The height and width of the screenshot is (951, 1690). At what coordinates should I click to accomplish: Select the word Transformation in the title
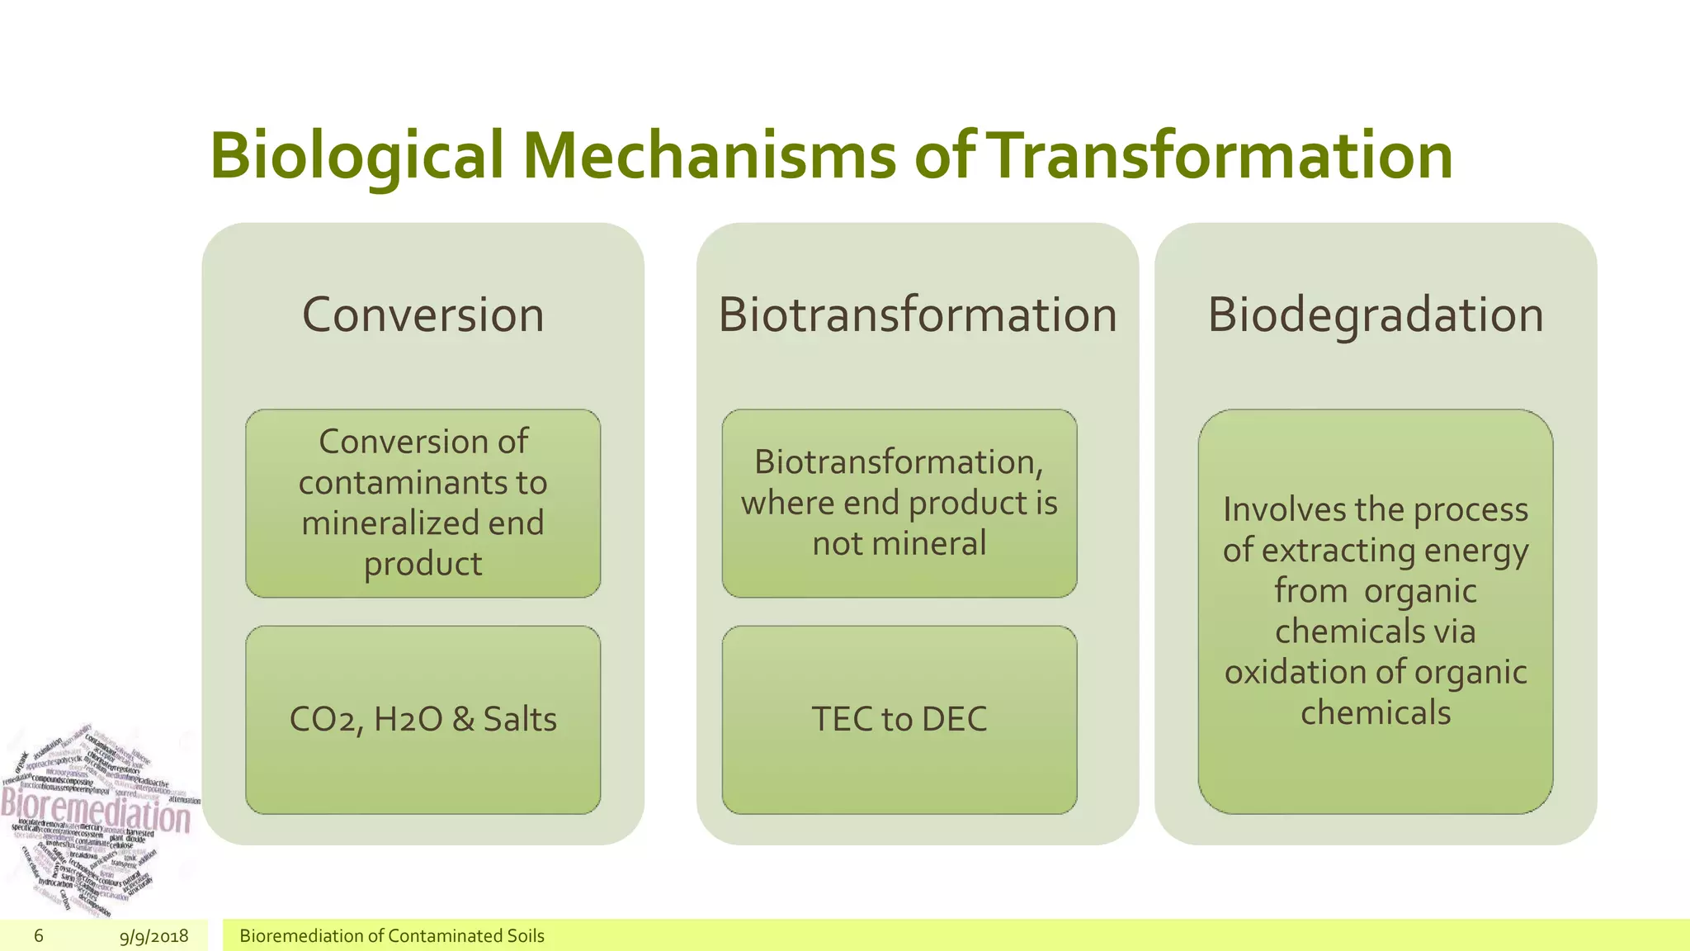coord(1219,155)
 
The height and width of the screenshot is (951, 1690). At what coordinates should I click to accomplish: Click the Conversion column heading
coord(422,315)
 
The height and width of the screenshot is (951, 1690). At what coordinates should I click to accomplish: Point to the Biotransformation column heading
coord(917,315)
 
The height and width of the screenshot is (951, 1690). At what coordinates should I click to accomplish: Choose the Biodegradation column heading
coord(1375,315)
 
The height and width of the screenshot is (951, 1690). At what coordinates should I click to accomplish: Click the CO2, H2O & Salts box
coord(422,719)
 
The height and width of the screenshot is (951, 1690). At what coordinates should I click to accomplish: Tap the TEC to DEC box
coord(899,719)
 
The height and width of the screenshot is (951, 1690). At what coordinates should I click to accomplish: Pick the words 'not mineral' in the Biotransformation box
coord(899,543)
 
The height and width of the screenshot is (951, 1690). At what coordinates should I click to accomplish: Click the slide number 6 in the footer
coord(39,935)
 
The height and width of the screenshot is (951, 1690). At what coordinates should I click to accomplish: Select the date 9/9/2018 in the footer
coord(153,936)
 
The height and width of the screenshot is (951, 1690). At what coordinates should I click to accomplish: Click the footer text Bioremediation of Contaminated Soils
coord(391,936)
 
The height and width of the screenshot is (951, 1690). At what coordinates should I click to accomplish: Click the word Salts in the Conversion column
coord(519,719)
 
